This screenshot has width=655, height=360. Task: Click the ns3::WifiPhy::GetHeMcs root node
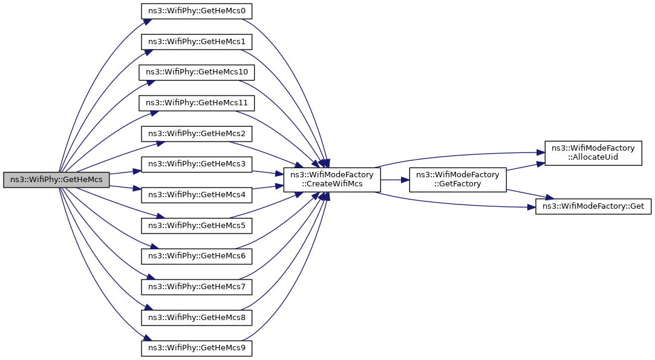pyautogui.click(x=56, y=180)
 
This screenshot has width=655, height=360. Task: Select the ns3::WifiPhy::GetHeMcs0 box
pyautogui.click(x=197, y=11)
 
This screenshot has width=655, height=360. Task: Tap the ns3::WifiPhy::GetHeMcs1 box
pyautogui.click(x=197, y=42)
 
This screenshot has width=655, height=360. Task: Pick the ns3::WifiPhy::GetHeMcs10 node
pyautogui.click(x=197, y=73)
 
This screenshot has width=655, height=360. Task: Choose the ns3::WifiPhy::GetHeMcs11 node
pyautogui.click(x=197, y=103)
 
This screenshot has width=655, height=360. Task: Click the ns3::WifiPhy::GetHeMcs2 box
pyautogui.click(x=197, y=134)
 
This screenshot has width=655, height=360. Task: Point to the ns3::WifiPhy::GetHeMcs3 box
pyautogui.click(x=197, y=164)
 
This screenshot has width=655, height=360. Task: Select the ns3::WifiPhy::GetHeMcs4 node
pyautogui.click(x=197, y=195)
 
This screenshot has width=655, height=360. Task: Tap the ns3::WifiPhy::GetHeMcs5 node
pyautogui.click(x=197, y=225)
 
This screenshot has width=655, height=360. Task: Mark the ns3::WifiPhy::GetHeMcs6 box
pyautogui.click(x=197, y=256)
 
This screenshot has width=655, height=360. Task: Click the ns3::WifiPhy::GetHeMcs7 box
pyautogui.click(x=197, y=286)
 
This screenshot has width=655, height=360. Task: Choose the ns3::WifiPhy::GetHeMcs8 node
pyautogui.click(x=197, y=317)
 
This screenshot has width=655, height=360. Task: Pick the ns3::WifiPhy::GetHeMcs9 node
pyautogui.click(x=197, y=348)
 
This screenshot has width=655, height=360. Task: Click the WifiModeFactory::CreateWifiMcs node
pyautogui.click(x=332, y=180)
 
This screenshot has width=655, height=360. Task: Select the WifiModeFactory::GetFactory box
pyautogui.click(x=458, y=180)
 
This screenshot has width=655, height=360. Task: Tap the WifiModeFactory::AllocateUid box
pyautogui.click(x=593, y=153)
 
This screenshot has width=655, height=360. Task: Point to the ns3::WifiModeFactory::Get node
pyautogui.click(x=593, y=207)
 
